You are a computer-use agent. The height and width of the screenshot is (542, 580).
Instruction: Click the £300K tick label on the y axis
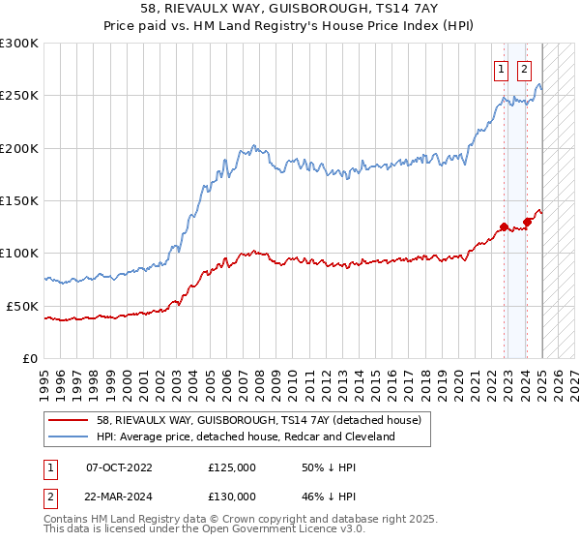point(19,44)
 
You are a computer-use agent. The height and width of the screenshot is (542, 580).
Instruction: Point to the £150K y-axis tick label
point(19,201)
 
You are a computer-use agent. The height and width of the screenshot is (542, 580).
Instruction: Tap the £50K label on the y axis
point(22,306)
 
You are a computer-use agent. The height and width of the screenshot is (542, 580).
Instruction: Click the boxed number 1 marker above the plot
point(503,69)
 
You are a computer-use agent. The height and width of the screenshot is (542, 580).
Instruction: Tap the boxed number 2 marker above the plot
point(524,69)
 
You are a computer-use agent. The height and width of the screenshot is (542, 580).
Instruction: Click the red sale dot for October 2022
point(504,227)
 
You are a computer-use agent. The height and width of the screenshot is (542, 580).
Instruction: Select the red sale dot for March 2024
point(528,222)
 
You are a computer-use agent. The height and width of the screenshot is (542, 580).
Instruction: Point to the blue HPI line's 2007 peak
point(253,145)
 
